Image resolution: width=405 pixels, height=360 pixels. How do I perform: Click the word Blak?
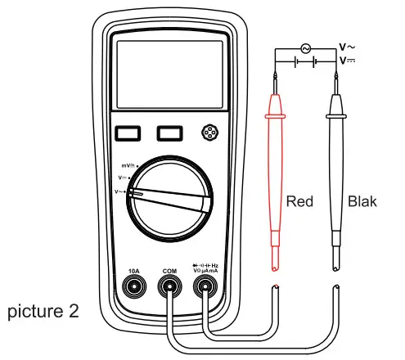pyautogui.click(x=362, y=201)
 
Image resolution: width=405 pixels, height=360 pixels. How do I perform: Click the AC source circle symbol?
pyautogui.click(x=307, y=48)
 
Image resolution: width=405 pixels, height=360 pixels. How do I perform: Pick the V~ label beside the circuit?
pyautogui.click(x=349, y=46)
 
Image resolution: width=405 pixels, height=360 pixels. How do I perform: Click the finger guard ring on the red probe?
pyautogui.click(x=275, y=117)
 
